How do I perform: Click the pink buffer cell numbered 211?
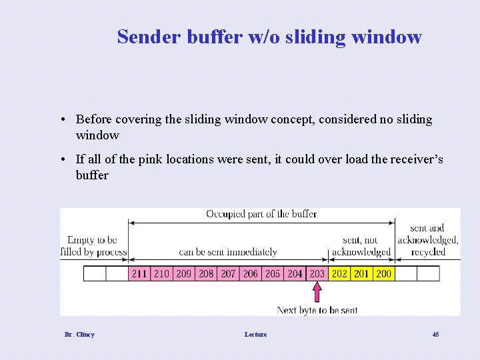click(139, 273)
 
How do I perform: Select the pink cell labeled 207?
click(228, 273)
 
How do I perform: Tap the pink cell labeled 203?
click(317, 273)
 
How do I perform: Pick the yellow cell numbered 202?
click(339, 273)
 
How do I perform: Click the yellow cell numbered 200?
click(383, 273)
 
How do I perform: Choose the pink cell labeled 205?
click(273, 273)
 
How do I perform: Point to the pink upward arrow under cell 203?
click(317, 292)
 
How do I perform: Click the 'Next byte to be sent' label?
click(317, 310)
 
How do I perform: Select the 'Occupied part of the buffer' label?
click(261, 214)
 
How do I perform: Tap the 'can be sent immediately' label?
click(227, 252)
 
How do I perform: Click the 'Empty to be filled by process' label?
click(93, 245)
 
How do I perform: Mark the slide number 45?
click(435, 334)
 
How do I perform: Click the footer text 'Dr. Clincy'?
click(79, 334)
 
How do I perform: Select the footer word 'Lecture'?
click(255, 334)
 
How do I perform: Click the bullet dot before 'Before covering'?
click(61, 120)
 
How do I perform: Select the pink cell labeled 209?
click(183, 273)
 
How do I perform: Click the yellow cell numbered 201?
click(361, 273)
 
